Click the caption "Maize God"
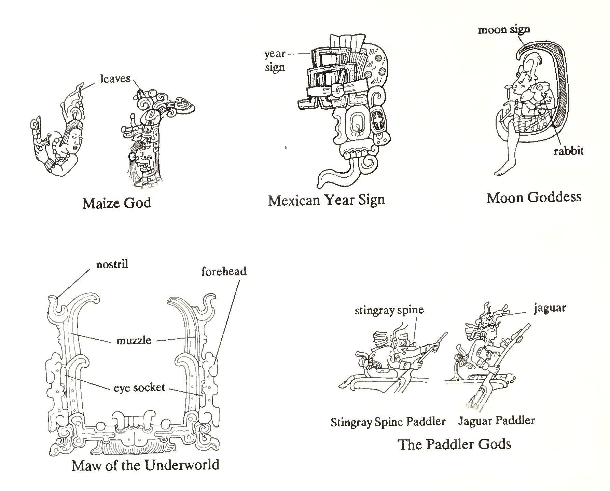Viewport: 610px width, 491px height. pos(116,203)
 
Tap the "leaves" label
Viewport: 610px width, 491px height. pos(115,79)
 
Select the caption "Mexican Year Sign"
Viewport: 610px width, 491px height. pos(326,200)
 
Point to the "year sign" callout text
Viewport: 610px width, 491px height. pos(275,60)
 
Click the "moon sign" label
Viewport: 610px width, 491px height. pos(504,30)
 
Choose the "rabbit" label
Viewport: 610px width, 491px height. pos(568,151)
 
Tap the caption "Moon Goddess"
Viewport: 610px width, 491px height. pos(534,197)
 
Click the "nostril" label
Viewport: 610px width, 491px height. pos(112,264)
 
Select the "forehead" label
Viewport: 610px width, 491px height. pos(224,271)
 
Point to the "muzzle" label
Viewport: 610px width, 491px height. pos(134,340)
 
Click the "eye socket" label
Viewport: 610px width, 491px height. pos(139,388)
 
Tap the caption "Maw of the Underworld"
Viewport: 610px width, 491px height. pos(145,465)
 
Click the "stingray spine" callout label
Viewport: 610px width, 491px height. pos(389,310)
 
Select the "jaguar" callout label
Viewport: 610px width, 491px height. pos(550,308)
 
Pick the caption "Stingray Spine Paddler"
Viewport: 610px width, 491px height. pos(388,422)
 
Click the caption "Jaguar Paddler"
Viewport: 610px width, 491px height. pos(496,420)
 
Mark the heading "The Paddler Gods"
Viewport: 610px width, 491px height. pos(454,444)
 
